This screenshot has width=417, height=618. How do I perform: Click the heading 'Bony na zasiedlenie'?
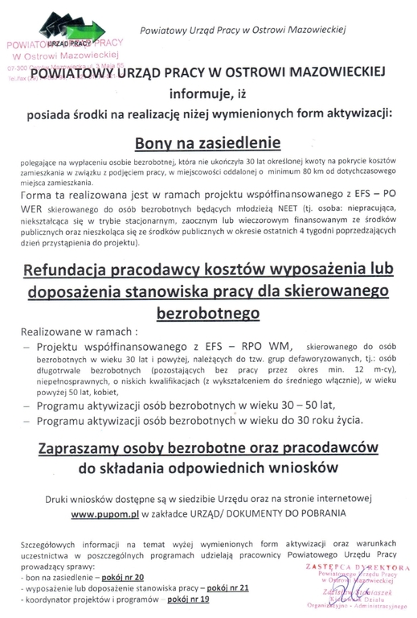(x=208, y=143)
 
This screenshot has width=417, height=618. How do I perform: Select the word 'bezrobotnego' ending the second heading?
(x=208, y=308)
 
